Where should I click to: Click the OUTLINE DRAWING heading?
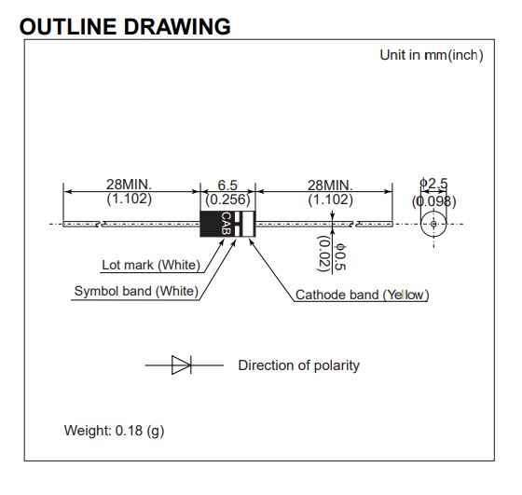pos(125,27)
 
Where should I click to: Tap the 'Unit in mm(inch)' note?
pos(432,55)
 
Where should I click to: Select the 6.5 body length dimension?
pos(227,186)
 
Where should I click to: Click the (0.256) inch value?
pos(227,199)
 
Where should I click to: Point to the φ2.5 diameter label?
pos(433,183)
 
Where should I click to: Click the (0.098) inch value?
pos(433,201)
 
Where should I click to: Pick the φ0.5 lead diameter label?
pos(340,257)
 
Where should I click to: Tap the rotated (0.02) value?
pos(323,254)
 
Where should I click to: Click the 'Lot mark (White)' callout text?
pos(151,265)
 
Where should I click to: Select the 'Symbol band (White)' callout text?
pos(136,291)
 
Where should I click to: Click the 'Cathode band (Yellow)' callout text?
pos(363,295)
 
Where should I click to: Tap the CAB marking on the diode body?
pos(226,224)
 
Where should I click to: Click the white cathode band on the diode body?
pos(248,224)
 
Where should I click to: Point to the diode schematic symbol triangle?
pos(181,365)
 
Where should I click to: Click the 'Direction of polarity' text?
pos(299,365)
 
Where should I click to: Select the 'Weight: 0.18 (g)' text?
pos(114,431)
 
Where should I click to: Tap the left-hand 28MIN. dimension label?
pos(129,184)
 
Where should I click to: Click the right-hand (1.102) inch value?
pos(330,200)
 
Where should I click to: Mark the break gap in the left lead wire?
pos(101,224)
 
